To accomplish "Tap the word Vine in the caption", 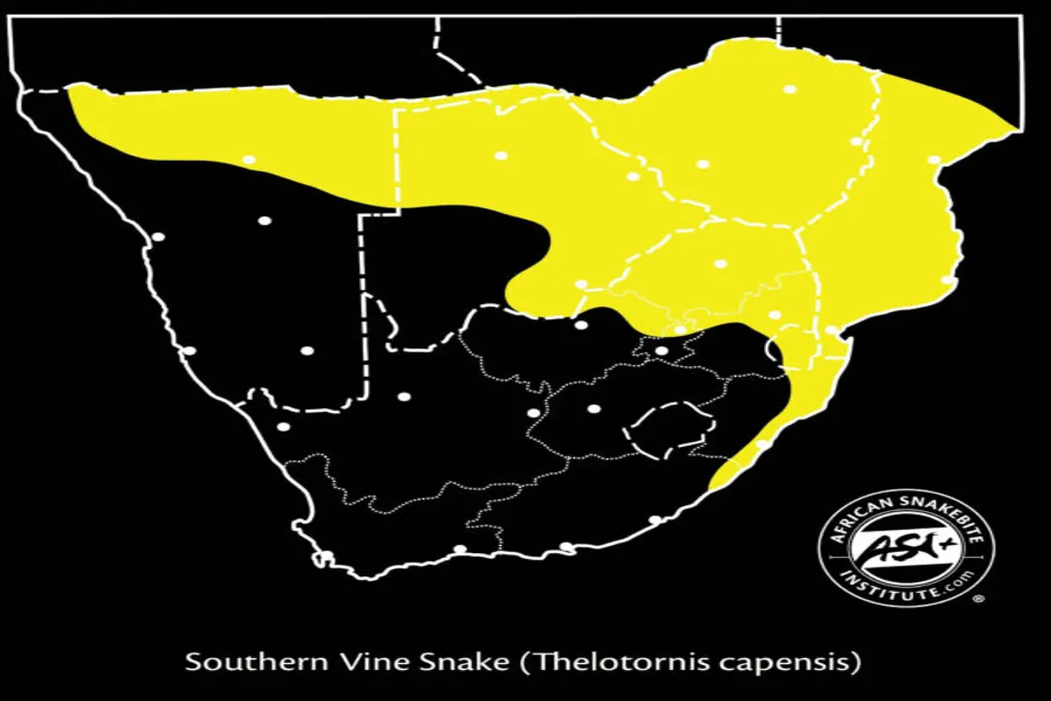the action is (350, 663).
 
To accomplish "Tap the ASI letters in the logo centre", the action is (906, 548).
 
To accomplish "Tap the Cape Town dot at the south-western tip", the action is (327, 556).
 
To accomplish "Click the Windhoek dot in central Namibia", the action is (264, 220).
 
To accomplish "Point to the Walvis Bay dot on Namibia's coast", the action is (158, 237).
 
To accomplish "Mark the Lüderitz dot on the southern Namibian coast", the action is (189, 350).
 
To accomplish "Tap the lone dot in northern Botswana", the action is (501, 156).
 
